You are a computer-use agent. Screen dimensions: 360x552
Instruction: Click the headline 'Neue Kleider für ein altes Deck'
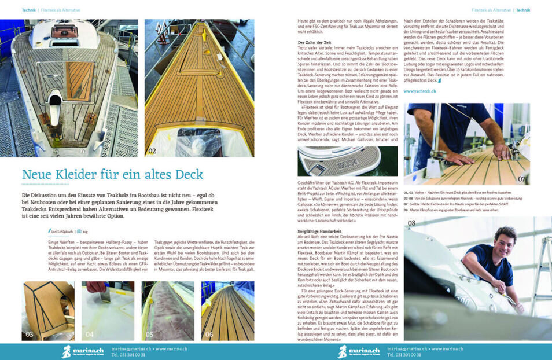(112, 174)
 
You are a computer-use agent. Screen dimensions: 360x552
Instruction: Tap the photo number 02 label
(152, 151)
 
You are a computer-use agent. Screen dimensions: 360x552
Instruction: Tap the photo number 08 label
(413, 223)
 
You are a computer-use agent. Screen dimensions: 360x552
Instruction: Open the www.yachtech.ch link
(419, 91)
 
